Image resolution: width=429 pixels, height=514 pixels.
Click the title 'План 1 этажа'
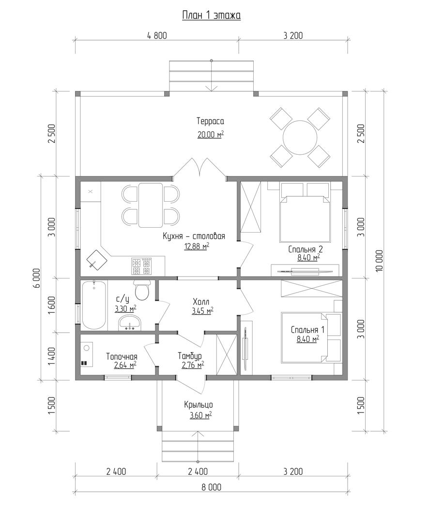[212, 15]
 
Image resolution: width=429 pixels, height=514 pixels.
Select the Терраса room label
[211, 121]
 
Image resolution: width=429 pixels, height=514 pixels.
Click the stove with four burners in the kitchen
[141, 266]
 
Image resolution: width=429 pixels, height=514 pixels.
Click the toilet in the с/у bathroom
[142, 290]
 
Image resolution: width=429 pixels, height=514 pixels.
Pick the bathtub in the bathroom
[94, 305]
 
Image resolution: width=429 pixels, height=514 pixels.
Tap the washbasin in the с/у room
[130, 322]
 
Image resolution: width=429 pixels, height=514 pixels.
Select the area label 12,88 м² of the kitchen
[197, 247]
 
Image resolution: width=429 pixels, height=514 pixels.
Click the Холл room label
[201, 301]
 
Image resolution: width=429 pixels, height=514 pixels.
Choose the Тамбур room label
[190, 356]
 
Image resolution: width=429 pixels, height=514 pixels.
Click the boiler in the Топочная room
[87, 354]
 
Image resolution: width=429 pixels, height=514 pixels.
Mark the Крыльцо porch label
[198, 405]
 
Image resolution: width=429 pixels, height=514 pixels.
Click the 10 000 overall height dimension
[379, 261]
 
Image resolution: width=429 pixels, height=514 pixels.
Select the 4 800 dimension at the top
[157, 35]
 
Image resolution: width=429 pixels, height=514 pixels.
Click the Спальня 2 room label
[306, 250]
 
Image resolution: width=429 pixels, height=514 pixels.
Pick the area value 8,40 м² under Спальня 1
[308, 339]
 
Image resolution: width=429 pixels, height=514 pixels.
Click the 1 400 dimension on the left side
[51, 356]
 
